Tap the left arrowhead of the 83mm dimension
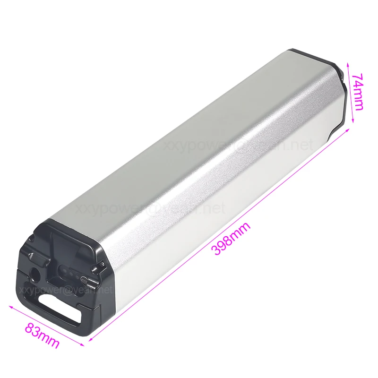10,307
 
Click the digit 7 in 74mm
358,77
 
